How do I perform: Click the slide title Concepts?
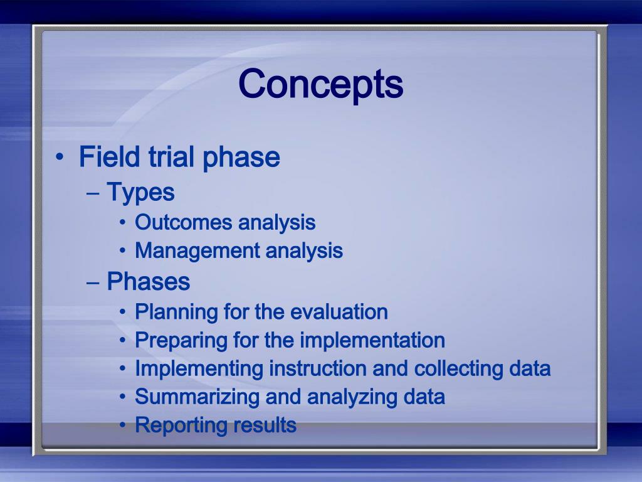(x=320, y=85)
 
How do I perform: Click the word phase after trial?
(x=241, y=158)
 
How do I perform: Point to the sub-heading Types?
(x=140, y=193)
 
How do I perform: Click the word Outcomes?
(x=184, y=223)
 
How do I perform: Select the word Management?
(x=197, y=252)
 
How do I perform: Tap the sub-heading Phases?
(x=148, y=282)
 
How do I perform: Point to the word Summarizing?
(x=197, y=397)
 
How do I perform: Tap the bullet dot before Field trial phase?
(x=60, y=156)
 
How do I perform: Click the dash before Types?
(x=93, y=193)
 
